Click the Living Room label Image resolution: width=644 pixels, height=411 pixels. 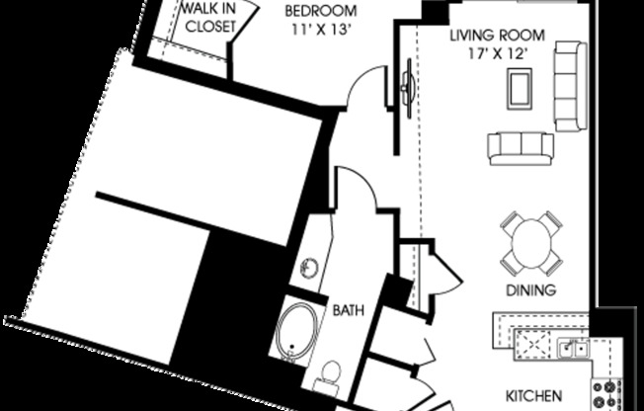coord(498,36)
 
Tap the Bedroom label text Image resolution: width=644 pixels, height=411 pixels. coord(321,11)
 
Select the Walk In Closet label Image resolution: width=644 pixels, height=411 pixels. coord(210,17)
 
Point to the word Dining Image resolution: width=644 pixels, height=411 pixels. coord(531,290)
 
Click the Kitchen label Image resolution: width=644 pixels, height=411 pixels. coord(533,396)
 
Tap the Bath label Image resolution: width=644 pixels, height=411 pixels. coord(349,310)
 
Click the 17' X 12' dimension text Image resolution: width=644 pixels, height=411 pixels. coord(498,53)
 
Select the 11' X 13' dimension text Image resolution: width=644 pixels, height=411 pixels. coord(321,30)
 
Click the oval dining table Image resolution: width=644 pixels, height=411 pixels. coord(531,243)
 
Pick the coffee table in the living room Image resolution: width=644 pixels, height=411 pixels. coord(520,89)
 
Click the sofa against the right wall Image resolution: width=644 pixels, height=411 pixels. coord(571,86)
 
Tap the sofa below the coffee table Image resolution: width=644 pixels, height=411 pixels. coord(521,149)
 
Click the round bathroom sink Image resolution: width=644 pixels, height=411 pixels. coord(310,269)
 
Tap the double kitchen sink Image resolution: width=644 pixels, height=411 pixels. coord(573,349)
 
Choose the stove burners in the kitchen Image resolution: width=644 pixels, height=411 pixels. coord(606,394)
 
